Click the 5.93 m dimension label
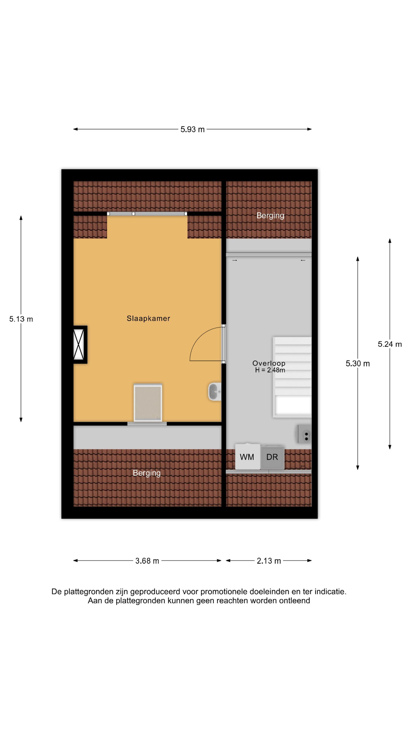pyautogui.click(x=192, y=129)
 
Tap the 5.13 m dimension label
pyautogui.click(x=21, y=319)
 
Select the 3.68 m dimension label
pyautogui.click(x=147, y=561)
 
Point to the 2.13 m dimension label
pyautogui.click(x=269, y=561)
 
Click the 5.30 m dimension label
pyautogui.click(x=357, y=363)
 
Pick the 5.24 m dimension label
pyautogui.click(x=389, y=344)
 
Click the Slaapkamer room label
pyautogui.click(x=148, y=318)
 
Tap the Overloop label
pyautogui.click(x=269, y=363)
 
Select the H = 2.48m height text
pyautogui.click(x=270, y=370)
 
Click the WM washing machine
pyautogui.click(x=247, y=457)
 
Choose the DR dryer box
pyautogui.click(x=272, y=457)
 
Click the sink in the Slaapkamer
pyautogui.click(x=215, y=392)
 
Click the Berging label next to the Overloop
pyautogui.click(x=270, y=216)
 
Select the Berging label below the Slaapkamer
pyautogui.click(x=147, y=473)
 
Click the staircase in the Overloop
pyautogui.click(x=292, y=377)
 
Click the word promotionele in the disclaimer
pyautogui.click(x=224, y=591)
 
